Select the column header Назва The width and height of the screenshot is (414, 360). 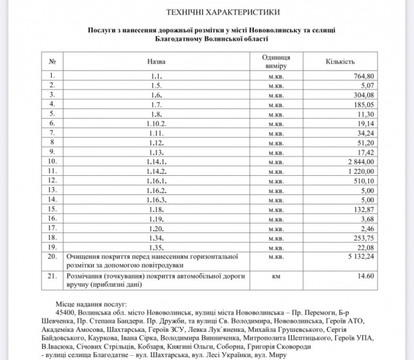pyautogui.click(x=157, y=61)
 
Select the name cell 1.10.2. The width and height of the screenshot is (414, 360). pyautogui.click(x=157, y=123)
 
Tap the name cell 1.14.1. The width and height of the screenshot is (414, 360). pyautogui.click(x=157, y=161)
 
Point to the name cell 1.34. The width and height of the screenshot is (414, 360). pyautogui.click(x=157, y=236)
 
